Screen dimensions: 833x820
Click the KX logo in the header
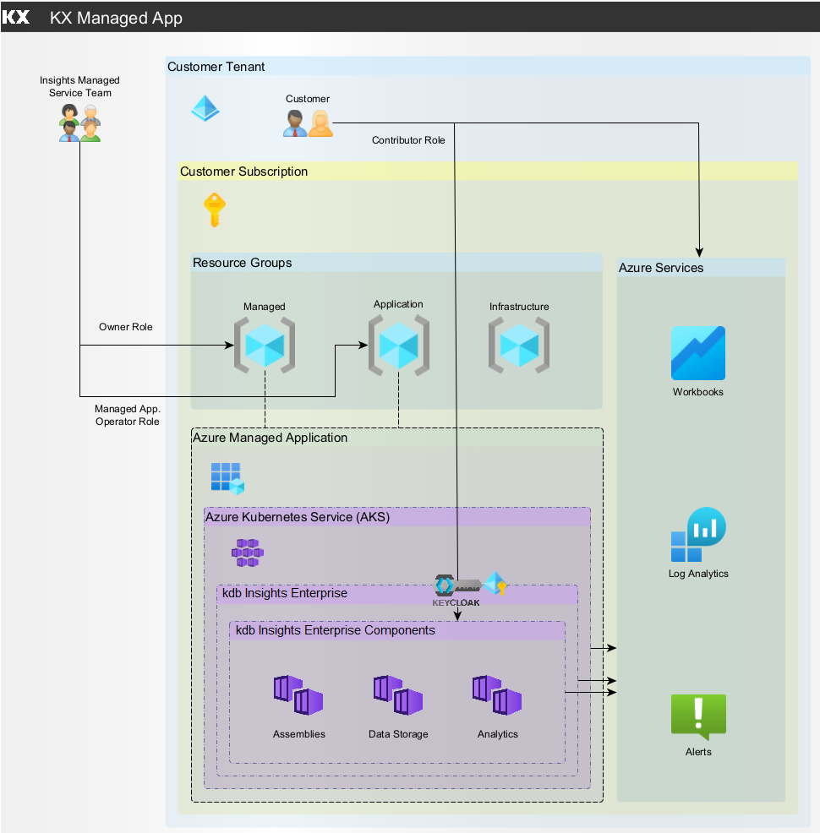point(17,17)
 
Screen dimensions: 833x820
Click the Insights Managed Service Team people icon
point(79,122)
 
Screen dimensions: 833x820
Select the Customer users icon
point(308,123)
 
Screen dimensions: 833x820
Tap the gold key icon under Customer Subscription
point(215,210)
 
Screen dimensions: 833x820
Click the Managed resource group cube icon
point(264,345)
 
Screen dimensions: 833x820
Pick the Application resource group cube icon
point(398,345)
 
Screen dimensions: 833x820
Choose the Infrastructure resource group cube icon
point(519,345)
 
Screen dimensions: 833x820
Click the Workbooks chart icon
point(697,353)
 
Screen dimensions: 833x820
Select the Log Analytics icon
point(698,536)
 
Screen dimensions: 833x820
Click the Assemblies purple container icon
point(298,695)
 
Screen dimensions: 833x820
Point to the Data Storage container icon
point(398,695)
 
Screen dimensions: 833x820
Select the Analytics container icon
point(497,695)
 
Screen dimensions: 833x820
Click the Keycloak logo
point(456,590)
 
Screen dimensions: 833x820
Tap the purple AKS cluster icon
point(248,553)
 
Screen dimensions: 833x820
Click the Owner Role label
point(126,327)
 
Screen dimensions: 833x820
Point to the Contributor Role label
point(408,140)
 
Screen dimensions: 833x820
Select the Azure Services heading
point(661,268)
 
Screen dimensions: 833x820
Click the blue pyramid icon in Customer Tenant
point(205,108)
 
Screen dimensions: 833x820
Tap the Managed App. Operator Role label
point(128,415)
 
